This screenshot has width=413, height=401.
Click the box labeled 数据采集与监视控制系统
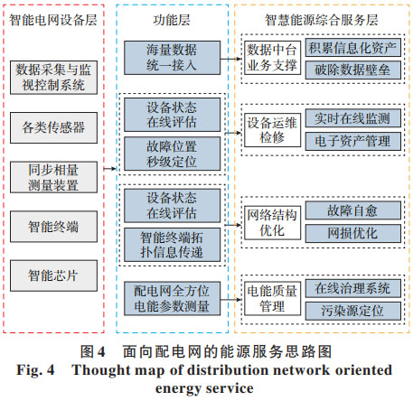click(x=53, y=78)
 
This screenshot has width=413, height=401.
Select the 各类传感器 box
click(x=53, y=127)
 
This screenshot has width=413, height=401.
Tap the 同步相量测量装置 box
click(x=53, y=177)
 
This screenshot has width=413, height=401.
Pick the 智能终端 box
click(x=53, y=227)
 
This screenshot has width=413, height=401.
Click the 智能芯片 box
click(x=53, y=275)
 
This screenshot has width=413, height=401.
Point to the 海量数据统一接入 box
click(x=172, y=58)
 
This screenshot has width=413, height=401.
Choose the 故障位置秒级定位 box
click(x=172, y=154)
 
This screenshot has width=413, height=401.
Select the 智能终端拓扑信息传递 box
click(x=172, y=245)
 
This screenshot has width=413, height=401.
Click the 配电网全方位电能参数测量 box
click(x=172, y=299)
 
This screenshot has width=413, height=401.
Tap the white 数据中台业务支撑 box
click(x=272, y=58)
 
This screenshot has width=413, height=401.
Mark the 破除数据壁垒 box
click(x=353, y=70)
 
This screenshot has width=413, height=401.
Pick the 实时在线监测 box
click(x=353, y=118)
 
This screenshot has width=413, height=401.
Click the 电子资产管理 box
click(x=353, y=141)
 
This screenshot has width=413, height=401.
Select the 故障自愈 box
click(x=353, y=210)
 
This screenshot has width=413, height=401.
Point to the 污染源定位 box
click(x=353, y=311)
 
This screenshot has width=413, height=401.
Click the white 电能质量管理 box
click(x=272, y=299)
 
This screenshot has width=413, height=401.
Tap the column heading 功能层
click(x=172, y=20)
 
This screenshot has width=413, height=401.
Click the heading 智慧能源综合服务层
click(x=322, y=20)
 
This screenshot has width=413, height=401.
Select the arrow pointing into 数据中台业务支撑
click(x=231, y=59)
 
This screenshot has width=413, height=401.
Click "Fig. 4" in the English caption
click(x=35, y=369)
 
